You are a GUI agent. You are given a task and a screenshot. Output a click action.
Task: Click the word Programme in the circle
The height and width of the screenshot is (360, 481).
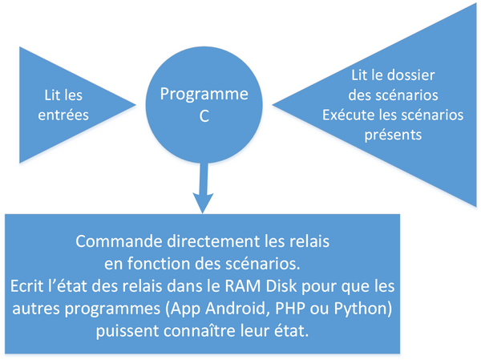click(x=204, y=95)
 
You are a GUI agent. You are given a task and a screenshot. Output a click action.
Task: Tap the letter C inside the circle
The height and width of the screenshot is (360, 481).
click(x=204, y=116)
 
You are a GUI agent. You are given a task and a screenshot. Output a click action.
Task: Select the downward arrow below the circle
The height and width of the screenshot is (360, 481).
click(x=203, y=188)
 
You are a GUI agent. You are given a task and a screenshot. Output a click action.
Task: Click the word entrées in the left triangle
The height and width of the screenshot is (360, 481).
click(x=63, y=115)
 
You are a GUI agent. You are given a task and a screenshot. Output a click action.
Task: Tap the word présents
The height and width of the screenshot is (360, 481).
click(x=393, y=136)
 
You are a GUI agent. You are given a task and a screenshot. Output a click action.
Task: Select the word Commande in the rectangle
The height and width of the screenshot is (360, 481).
click(x=119, y=241)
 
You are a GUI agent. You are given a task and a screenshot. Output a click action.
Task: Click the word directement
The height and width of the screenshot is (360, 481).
click(x=213, y=241)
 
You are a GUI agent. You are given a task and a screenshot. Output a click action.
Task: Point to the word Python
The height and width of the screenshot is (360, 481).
click(x=361, y=309)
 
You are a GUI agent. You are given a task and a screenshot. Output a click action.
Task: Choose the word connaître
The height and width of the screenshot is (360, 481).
click(x=200, y=331)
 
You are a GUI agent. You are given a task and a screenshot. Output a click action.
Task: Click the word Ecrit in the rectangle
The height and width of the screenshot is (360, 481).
click(x=26, y=286)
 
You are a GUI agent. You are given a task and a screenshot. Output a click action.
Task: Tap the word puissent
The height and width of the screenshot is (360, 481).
click(x=127, y=331)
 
